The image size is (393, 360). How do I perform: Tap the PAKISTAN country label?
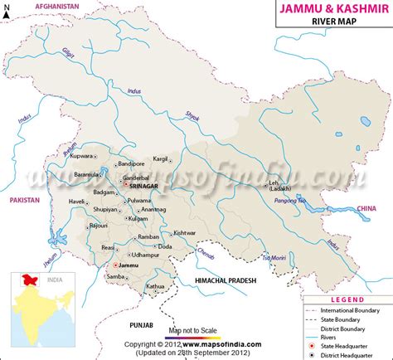(26, 201)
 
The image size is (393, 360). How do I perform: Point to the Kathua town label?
(156, 286)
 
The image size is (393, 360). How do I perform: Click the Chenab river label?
(206, 246)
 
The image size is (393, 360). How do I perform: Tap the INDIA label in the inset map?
(56, 280)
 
